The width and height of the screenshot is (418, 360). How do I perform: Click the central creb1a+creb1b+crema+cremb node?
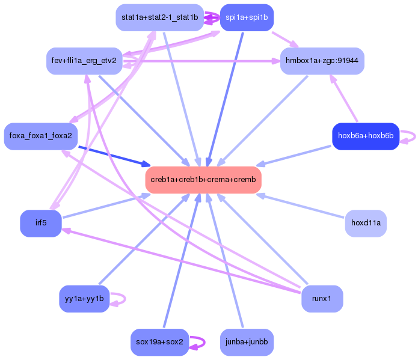(x=203, y=180)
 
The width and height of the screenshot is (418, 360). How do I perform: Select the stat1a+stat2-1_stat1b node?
(x=159, y=17)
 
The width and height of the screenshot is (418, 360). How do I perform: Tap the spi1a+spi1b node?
(x=247, y=17)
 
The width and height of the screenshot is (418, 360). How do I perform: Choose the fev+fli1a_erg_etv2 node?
(x=84, y=61)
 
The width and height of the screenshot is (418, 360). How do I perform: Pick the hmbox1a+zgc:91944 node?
(x=322, y=61)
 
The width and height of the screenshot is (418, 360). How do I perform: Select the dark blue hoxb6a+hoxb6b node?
(x=366, y=136)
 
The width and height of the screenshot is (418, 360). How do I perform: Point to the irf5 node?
(x=41, y=223)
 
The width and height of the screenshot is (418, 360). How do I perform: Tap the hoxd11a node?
(x=366, y=223)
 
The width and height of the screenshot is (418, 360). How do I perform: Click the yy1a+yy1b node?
(x=84, y=299)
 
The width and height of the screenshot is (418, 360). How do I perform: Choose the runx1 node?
(x=322, y=299)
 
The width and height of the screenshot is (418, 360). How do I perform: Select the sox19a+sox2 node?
(x=159, y=342)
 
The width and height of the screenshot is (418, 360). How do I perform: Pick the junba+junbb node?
(x=247, y=342)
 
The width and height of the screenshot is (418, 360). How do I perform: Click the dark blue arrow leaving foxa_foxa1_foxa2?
(x=114, y=155)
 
